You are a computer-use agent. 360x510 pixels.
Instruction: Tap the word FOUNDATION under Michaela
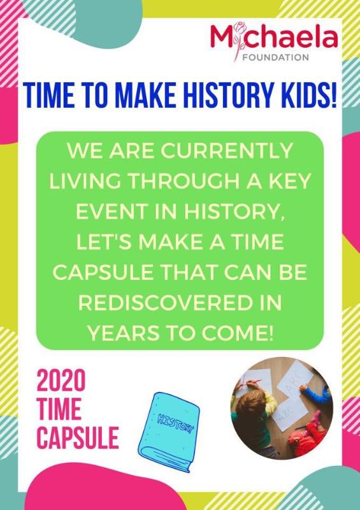[x=276, y=57]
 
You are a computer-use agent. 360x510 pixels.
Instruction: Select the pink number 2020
[x=61, y=381]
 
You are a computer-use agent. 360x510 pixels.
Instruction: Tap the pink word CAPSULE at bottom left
[x=78, y=437]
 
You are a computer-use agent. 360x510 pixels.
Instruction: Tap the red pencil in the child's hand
[x=254, y=381]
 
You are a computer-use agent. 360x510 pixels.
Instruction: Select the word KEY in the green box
[x=294, y=181]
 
